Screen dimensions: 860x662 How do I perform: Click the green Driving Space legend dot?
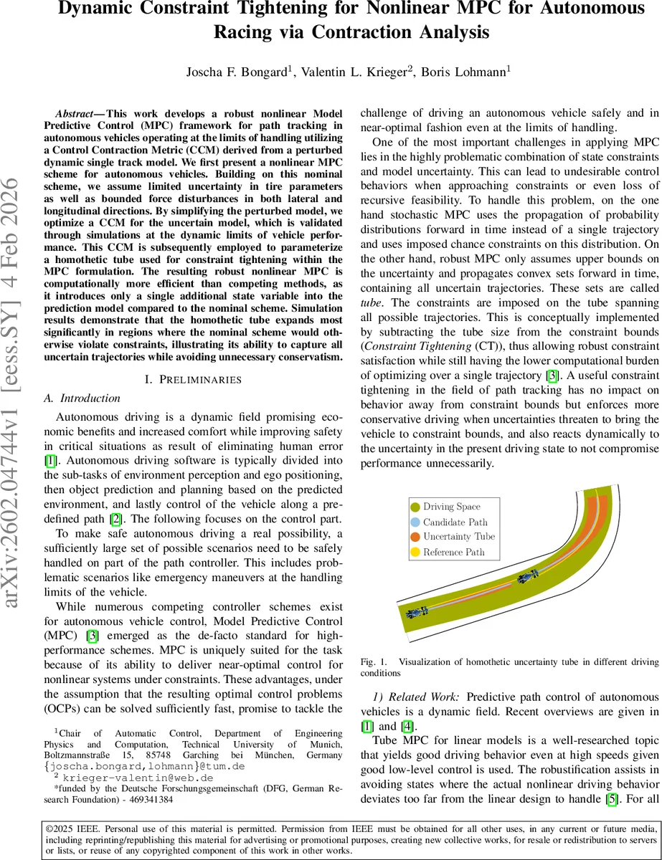point(415,507)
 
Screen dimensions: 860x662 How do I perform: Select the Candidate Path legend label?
point(455,522)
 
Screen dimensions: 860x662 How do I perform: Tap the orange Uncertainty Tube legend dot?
point(415,537)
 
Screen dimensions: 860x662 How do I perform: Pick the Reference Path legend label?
point(453,552)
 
